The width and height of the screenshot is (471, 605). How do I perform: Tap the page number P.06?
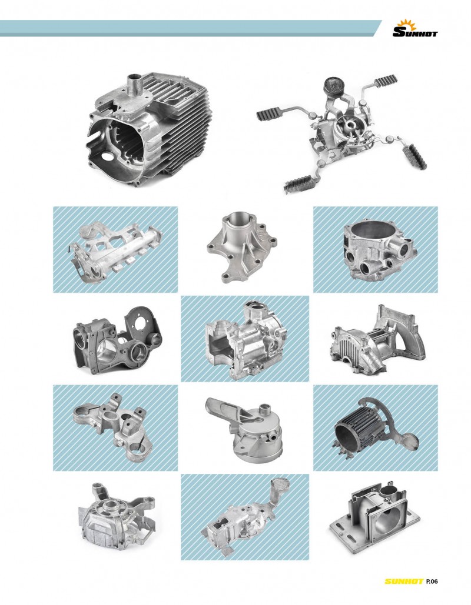pyautogui.click(x=432, y=581)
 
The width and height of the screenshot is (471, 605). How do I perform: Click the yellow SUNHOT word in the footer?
pyautogui.click(x=404, y=581)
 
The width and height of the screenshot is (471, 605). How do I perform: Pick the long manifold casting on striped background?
pyautogui.click(x=115, y=252)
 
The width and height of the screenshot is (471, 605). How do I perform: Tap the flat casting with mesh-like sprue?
pyautogui.click(x=245, y=518)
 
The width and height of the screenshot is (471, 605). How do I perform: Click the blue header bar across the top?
pyautogui.click(x=190, y=28)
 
